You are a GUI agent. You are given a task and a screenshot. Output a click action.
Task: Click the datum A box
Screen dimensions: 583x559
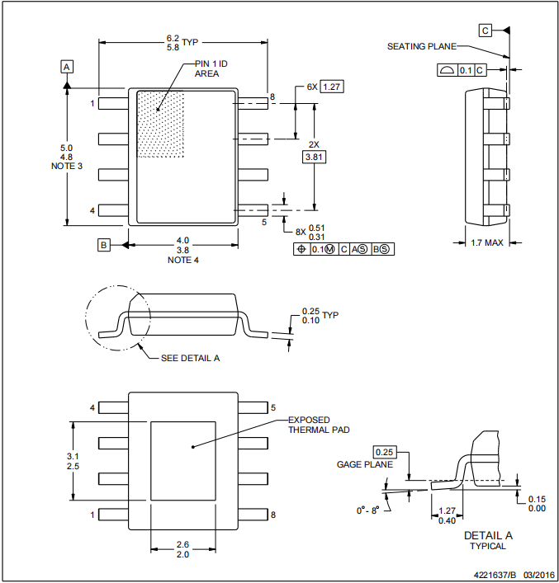tap(67, 65)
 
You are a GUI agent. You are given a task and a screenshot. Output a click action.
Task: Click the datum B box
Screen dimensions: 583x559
tap(103, 244)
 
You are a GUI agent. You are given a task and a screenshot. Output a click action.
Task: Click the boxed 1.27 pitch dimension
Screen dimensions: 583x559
tap(332, 87)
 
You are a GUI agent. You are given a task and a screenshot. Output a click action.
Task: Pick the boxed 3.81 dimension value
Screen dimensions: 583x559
tap(315, 156)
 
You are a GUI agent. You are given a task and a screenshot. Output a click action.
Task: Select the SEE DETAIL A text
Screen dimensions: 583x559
tap(190, 358)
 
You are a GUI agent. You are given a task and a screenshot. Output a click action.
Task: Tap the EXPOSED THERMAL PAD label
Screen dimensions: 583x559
tap(318, 425)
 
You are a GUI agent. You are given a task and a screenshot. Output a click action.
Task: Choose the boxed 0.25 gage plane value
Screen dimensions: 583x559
tap(384, 453)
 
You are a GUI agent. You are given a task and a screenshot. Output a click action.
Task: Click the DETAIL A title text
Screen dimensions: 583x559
tap(488, 535)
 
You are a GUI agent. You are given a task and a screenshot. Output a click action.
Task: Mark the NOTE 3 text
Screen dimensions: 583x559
tap(66, 167)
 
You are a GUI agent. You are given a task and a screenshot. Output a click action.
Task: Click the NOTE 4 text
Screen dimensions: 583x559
tap(183, 260)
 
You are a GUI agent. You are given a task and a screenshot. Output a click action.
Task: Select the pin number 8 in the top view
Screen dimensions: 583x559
tap(271, 97)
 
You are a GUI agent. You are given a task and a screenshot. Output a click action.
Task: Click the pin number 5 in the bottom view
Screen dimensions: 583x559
tap(272, 407)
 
